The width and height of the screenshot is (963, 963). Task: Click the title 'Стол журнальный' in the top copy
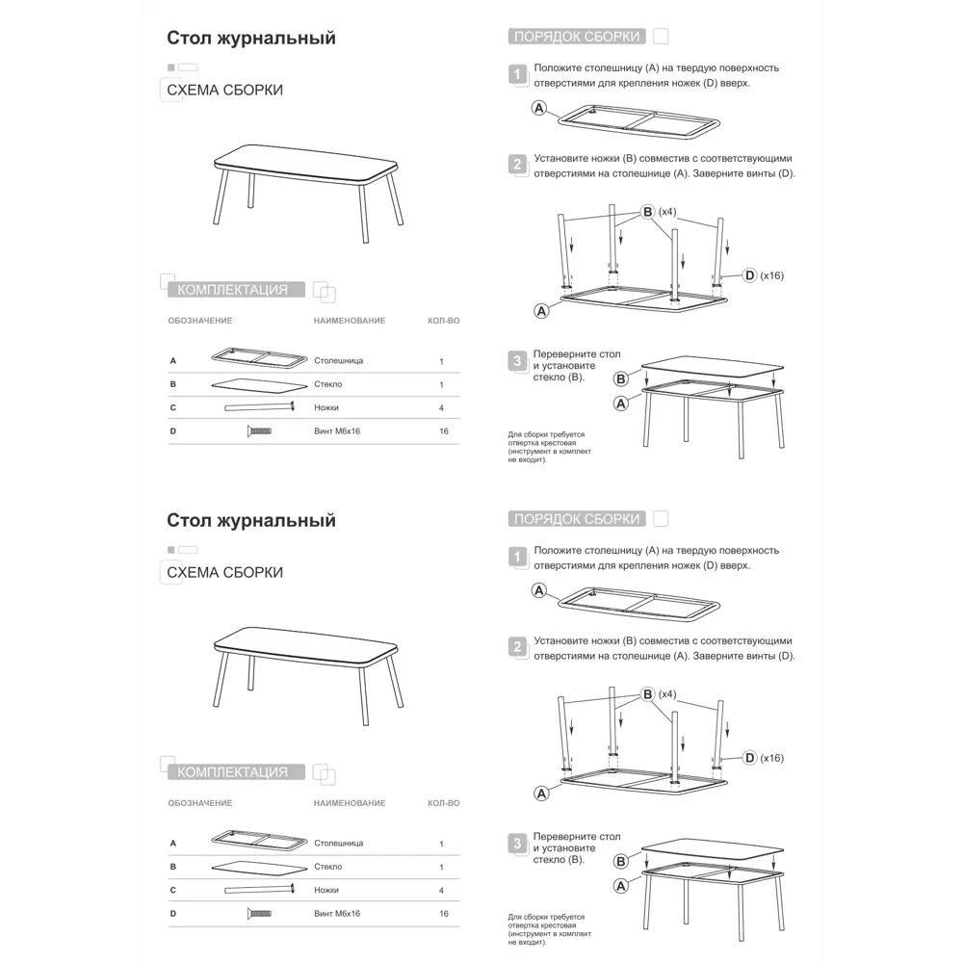pyautogui.click(x=251, y=39)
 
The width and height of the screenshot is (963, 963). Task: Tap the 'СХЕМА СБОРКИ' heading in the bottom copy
pyautogui.click(x=225, y=572)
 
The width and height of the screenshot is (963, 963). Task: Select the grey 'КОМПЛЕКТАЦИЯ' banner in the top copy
pyautogui.click(x=235, y=290)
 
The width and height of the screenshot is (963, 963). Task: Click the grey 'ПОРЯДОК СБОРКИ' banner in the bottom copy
pyautogui.click(x=576, y=519)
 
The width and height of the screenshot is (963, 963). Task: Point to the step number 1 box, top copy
pyautogui.click(x=518, y=74)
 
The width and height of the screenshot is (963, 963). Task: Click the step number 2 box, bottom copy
pyautogui.click(x=518, y=646)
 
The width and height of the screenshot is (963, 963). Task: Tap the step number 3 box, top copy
pyautogui.click(x=518, y=361)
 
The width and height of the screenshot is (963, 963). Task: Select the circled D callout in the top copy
pyautogui.click(x=749, y=275)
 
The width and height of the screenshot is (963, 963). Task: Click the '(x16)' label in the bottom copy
pyautogui.click(x=771, y=758)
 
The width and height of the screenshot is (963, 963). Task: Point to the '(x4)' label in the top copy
pyautogui.click(x=667, y=211)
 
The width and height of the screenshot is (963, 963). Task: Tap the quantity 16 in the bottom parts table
pyautogui.click(x=443, y=913)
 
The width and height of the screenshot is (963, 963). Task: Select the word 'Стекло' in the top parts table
pyautogui.click(x=327, y=384)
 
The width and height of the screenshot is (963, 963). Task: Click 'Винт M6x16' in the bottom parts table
pyautogui.click(x=337, y=913)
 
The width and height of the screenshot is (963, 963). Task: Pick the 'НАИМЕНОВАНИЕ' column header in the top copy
pyautogui.click(x=349, y=321)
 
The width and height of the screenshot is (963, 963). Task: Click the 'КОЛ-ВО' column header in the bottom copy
pyautogui.click(x=443, y=803)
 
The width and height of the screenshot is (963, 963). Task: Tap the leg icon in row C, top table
pyautogui.click(x=259, y=407)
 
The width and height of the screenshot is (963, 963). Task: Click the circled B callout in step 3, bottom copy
pyautogui.click(x=621, y=862)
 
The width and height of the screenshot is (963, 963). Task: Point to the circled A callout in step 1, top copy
pyautogui.click(x=539, y=108)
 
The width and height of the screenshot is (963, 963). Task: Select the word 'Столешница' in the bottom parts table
pyautogui.click(x=338, y=844)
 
